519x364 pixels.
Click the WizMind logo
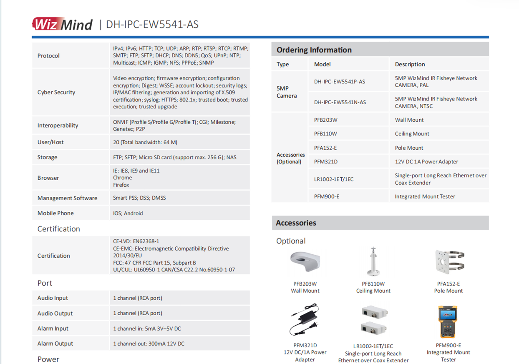[62, 24]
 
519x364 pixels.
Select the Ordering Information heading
[314, 50]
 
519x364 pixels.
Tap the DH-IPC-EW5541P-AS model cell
[340, 81]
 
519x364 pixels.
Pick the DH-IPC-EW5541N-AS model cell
[340, 102]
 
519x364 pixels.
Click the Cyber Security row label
[56, 92]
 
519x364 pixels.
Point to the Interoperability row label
[58, 125]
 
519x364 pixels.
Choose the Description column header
[410, 64]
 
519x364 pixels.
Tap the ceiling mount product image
[373, 262]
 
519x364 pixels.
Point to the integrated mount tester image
[448, 322]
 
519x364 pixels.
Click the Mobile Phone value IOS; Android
[128, 213]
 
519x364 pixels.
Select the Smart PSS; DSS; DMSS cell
[139, 198]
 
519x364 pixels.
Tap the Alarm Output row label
[55, 344]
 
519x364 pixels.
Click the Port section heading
[45, 283]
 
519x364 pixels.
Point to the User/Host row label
[50, 142]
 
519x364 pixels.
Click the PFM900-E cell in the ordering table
[326, 196]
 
